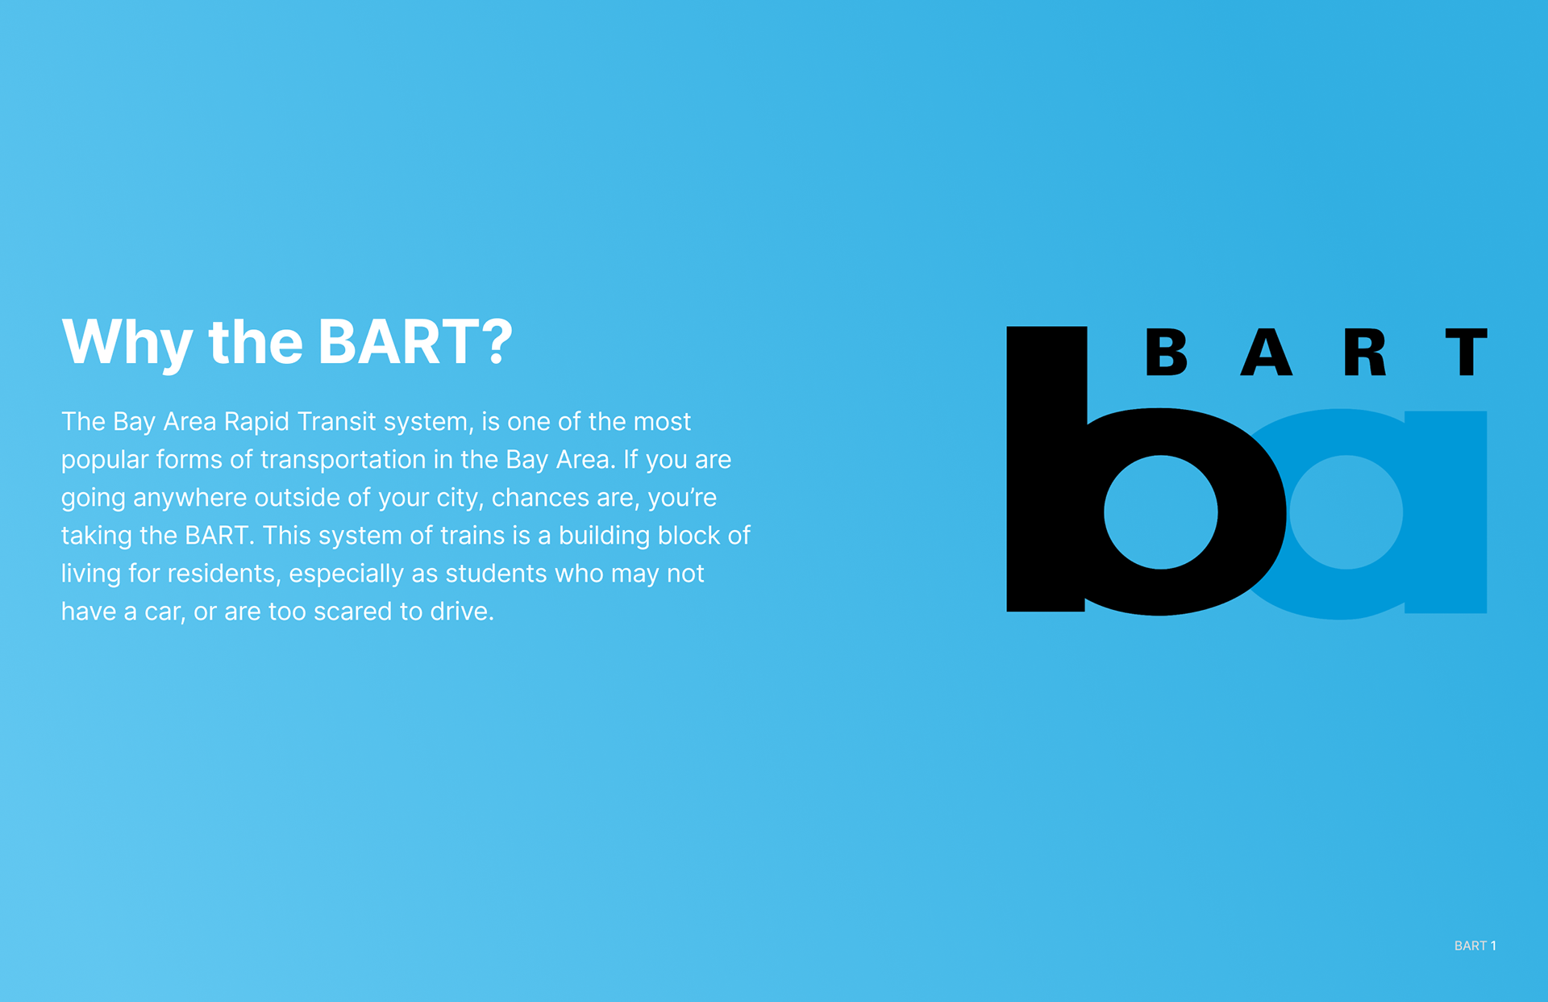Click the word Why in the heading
[x=127, y=343]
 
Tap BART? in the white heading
[x=414, y=341]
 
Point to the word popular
[x=105, y=461]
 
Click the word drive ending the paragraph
[x=462, y=612]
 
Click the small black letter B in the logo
[x=1166, y=353]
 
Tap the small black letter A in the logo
[x=1266, y=353]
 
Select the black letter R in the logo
[x=1364, y=353]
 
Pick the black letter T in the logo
[x=1466, y=353]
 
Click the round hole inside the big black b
[x=1160, y=512]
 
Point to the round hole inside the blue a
[x=1346, y=512]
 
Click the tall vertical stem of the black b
[x=1047, y=469]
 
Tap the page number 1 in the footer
[x=1493, y=946]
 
